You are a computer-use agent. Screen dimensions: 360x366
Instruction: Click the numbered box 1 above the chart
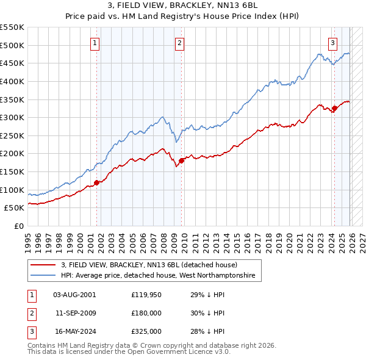pos(96,43)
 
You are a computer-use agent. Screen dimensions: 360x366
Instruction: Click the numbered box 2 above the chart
pos(180,43)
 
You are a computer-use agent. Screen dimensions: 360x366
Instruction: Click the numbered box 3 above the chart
pos(333,43)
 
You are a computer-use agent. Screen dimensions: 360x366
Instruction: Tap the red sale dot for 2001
pos(96,182)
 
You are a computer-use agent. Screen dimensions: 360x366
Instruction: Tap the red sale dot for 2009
pos(181,160)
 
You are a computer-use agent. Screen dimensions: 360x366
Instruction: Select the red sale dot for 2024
pos(334,109)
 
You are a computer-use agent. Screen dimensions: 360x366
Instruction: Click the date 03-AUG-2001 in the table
pos(74,294)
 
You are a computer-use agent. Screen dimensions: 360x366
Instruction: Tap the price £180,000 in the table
pos(146,313)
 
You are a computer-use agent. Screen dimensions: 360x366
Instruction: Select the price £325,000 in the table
pos(146,331)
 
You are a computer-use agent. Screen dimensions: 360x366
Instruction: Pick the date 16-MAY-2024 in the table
pos(74,331)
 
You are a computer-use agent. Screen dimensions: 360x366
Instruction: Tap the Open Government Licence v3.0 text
pos(165,352)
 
